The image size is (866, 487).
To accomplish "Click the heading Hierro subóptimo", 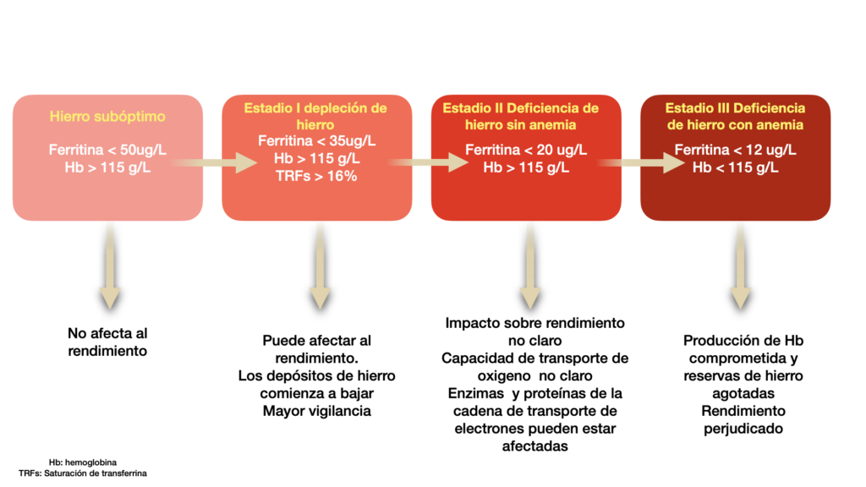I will (x=107, y=116).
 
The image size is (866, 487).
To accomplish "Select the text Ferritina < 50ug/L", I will (x=107, y=150).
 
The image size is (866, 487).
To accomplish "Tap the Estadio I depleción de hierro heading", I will (x=315, y=116).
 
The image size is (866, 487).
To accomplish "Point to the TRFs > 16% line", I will (x=315, y=177).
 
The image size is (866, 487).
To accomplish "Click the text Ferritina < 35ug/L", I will (x=315, y=140).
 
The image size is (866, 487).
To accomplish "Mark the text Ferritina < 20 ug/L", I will (x=526, y=150).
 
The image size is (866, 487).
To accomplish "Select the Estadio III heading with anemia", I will (x=735, y=116).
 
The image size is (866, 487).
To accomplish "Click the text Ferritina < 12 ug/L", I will (x=735, y=150).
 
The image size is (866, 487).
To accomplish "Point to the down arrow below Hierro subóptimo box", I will (x=109, y=270).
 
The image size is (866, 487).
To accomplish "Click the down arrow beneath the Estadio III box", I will (x=741, y=270).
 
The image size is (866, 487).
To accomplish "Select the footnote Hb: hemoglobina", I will (x=83, y=462).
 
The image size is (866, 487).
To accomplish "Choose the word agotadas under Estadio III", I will (x=743, y=393).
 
